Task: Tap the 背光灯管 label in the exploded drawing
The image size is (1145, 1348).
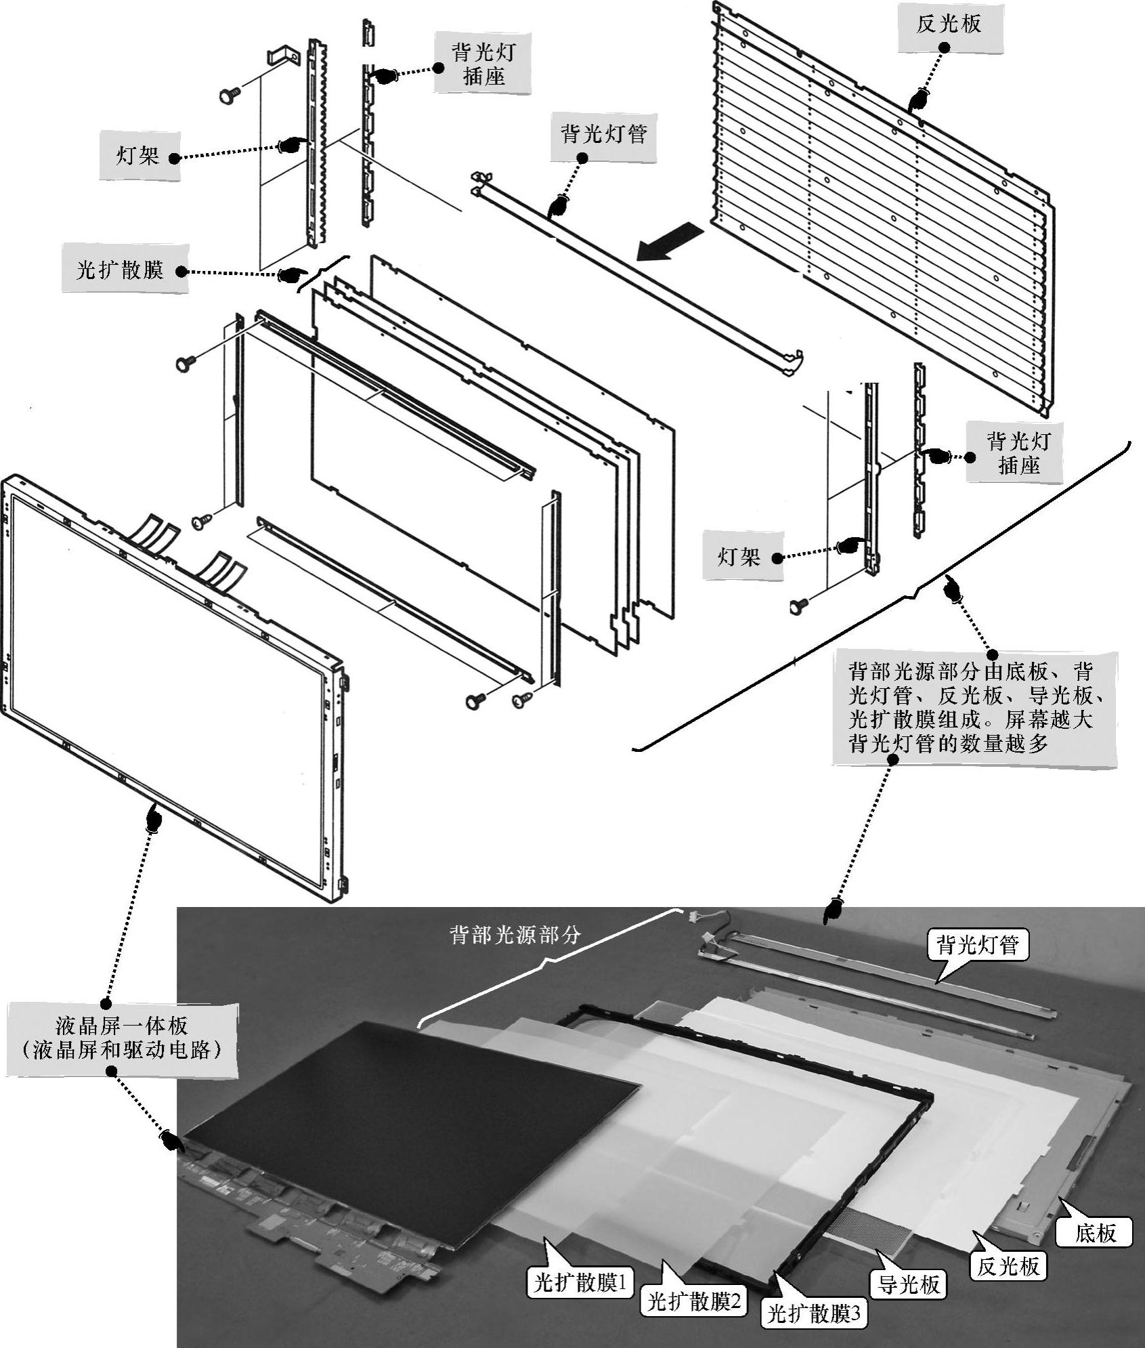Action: pos(603,134)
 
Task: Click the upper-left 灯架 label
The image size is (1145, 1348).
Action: pos(138,156)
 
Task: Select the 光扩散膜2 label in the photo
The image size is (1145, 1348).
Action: pos(694,1301)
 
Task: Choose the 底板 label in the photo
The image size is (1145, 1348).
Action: pos(1096,1232)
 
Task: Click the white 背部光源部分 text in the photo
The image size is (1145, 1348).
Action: pos(516,935)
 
